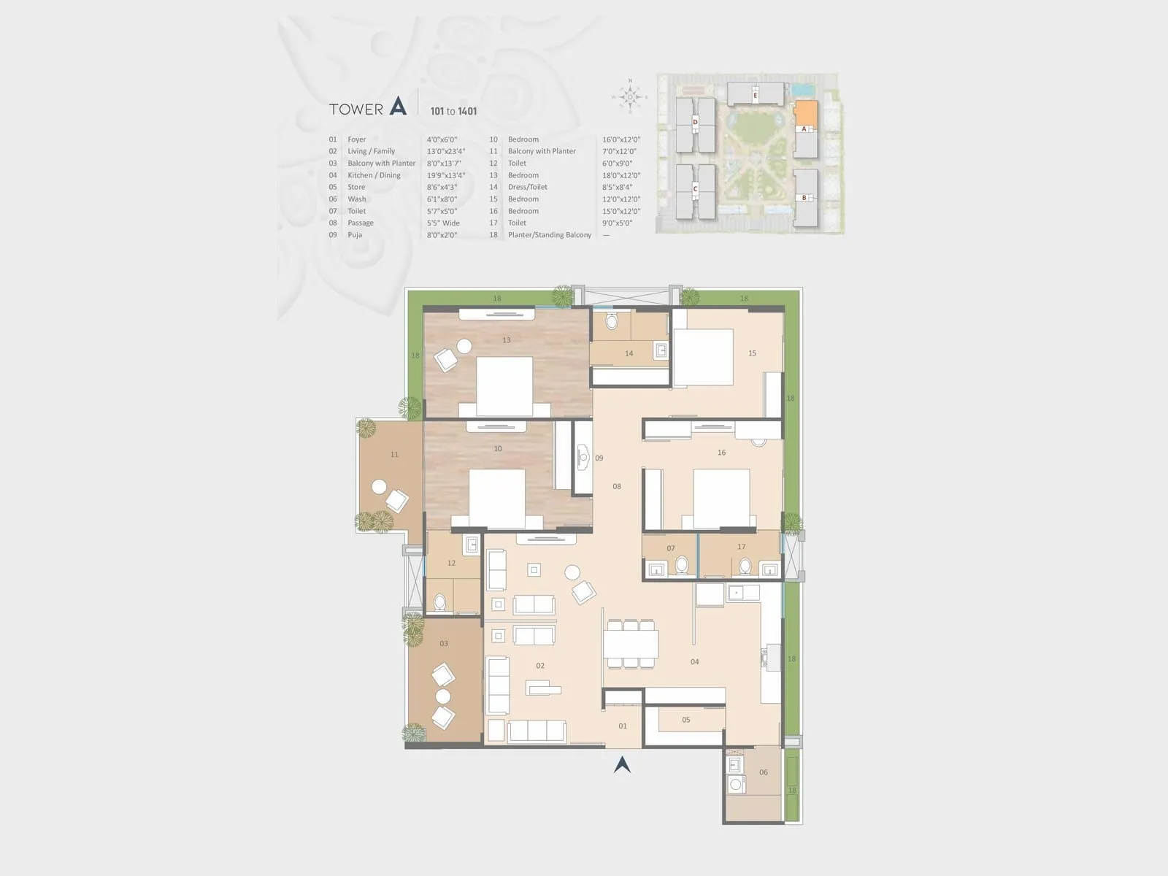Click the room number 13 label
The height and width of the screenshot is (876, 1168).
(506, 340)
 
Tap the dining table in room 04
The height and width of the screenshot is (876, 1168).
(631, 644)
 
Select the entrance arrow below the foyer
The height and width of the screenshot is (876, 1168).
(622, 764)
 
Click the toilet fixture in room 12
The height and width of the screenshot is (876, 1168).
(439, 602)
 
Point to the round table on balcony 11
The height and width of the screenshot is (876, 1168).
(378, 487)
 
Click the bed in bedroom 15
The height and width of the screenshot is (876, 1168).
(703, 357)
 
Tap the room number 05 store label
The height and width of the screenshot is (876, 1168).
(685, 720)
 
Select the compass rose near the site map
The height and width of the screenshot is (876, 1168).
(629, 96)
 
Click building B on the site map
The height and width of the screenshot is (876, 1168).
(804, 197)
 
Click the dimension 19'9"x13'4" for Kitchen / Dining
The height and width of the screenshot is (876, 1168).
(445, 175)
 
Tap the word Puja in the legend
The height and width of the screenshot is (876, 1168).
(355, 235)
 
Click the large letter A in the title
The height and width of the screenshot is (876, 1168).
(398, 107)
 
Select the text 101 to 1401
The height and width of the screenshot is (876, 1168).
(453, 111)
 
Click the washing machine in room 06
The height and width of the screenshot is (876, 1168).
(736, 785)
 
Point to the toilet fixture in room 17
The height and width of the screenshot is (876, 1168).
(745, 566)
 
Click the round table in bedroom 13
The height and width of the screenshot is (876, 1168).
(464, 346)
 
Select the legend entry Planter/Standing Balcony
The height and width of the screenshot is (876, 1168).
(549, 235)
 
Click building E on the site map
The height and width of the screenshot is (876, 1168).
(756, 94)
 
